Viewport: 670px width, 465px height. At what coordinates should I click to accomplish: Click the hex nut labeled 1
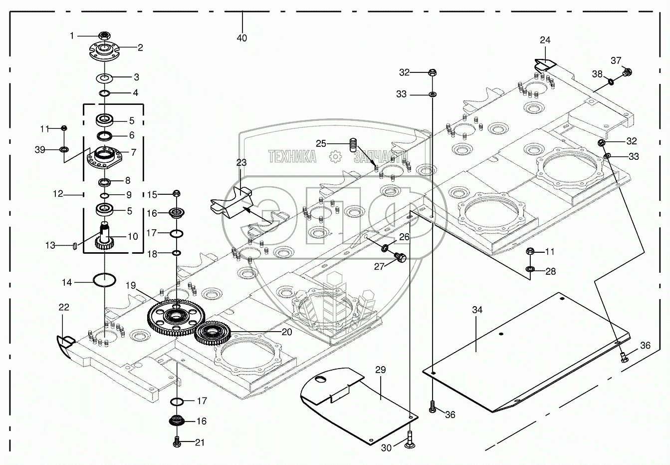coord(104,35)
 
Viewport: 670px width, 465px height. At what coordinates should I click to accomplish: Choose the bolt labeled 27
coord(400,257)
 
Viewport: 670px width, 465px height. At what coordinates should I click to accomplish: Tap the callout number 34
coord(477,310)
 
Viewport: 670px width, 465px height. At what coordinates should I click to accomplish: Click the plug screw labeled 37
coord(628,72)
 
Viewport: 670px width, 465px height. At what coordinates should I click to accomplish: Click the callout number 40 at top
coord(241,38)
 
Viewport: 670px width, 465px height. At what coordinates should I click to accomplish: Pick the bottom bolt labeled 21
coord(176,442)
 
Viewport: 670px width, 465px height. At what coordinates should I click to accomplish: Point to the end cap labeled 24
coord(544,64)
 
